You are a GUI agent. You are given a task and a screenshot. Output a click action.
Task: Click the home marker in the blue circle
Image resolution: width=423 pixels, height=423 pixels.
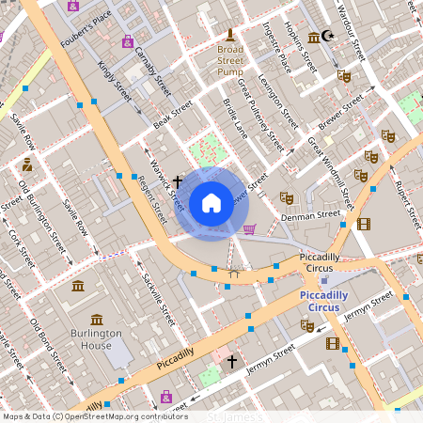(x=211, y=202)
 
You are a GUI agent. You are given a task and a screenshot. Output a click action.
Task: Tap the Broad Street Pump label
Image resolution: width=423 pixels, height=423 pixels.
(x=230, y=59)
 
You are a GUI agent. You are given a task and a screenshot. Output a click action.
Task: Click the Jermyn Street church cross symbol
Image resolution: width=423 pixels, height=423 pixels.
(x=231, y=360)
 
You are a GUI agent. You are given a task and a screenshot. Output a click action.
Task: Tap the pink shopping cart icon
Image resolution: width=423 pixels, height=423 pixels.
(x=249, y=228)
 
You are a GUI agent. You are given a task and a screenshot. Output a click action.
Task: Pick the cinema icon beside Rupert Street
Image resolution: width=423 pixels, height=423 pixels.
(x=364, y=224)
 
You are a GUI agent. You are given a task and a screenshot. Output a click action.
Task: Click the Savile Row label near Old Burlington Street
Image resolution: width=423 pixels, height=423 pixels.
(x=75, y=216)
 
